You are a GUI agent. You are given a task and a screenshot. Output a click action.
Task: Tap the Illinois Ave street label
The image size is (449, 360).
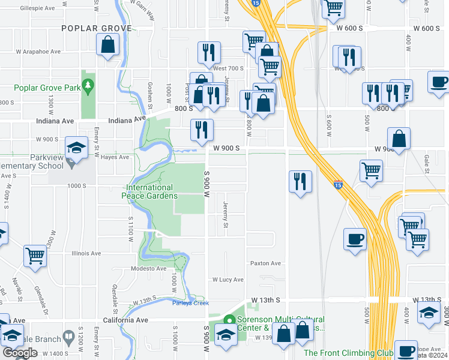(86, 253)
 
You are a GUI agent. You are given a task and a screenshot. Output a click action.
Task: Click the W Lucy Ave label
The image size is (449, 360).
(228, 280)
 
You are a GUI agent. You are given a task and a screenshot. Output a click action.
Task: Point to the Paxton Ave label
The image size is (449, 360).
(265, 263)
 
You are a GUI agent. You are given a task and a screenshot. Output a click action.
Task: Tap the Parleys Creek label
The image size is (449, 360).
(190, 303)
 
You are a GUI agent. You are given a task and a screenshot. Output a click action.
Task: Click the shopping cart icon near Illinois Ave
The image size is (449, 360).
(35, 256)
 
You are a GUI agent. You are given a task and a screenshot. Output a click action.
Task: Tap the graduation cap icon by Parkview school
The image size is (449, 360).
(77, 148)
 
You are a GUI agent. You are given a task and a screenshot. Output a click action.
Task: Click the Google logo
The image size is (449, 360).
(20, 353)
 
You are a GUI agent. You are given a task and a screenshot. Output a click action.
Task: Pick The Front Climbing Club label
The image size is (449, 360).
(348, 353)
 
